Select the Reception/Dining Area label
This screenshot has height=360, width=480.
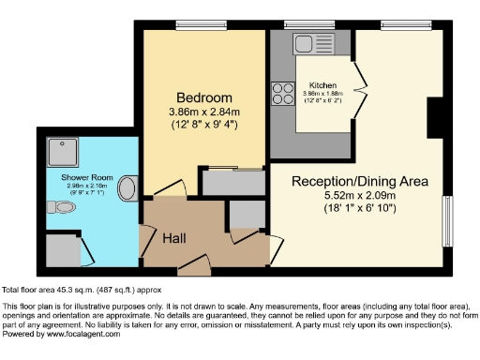pyautogui.click(x=346, y=180)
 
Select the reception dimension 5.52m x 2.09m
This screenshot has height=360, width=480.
pyautogui.click(x=346, y=195)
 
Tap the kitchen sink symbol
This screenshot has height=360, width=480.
pyautogui.click(x=307, y=42)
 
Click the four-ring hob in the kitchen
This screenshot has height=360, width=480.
pyautogui.click(x=281, y=94)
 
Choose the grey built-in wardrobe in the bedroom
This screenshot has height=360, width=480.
pyautogui.click(x=232, y=181)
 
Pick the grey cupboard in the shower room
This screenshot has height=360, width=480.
pyautogui.click(x=63, y=248)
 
